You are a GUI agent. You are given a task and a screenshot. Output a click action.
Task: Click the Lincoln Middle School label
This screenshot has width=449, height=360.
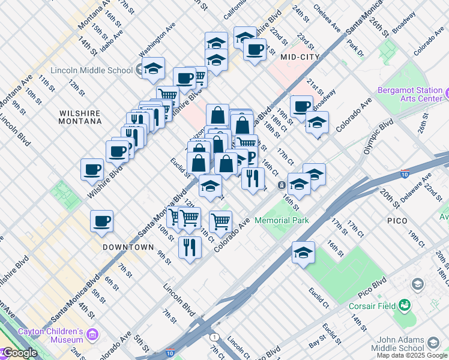pos(91,70)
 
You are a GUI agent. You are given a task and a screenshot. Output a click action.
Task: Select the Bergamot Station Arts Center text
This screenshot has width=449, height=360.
pos(410,94)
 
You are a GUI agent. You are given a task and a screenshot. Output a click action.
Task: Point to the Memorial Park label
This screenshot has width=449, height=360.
pos(282,220)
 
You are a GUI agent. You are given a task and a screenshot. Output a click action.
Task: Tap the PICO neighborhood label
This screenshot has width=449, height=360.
pos(397,221)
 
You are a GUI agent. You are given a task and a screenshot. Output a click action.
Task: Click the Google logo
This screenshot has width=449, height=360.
pos(19,353)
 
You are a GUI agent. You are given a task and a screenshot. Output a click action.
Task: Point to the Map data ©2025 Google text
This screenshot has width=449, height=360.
pos(412,355)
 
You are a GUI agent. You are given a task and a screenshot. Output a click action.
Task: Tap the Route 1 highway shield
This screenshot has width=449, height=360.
pos(215,337)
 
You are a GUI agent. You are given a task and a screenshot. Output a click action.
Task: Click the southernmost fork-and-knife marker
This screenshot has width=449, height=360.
pos(190,247)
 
